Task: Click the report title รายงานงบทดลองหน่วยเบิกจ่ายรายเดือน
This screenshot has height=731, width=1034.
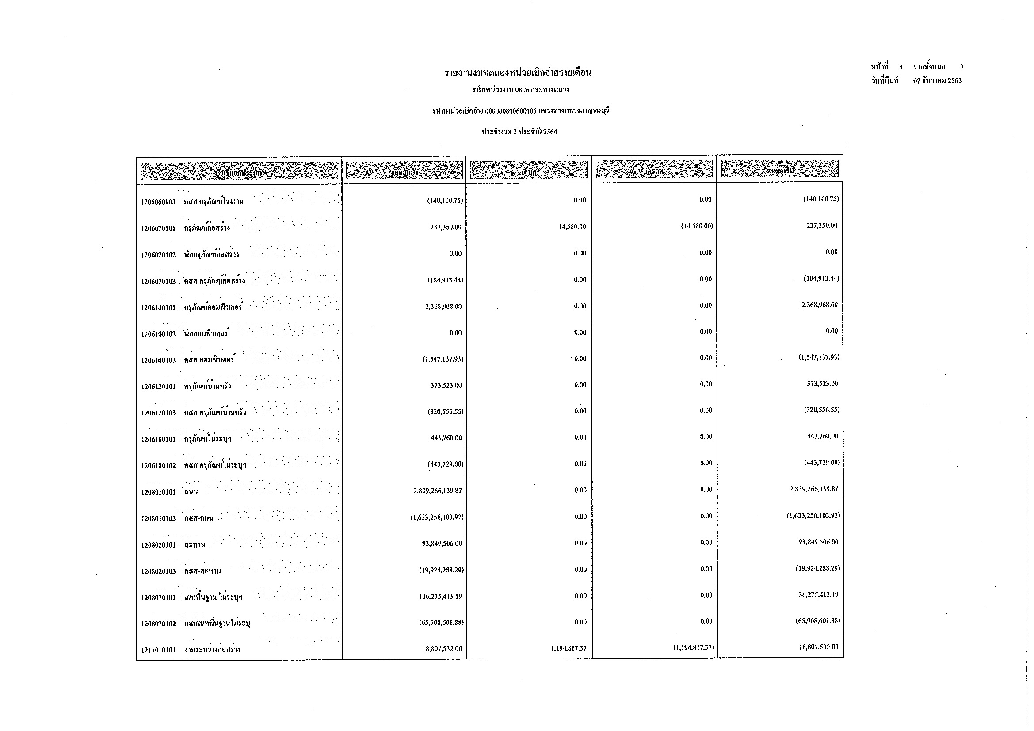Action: click(x=518, y=72)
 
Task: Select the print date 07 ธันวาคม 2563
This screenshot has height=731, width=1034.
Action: click(x=937, y=81)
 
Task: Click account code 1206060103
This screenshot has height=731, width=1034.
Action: click(x=158, y=202)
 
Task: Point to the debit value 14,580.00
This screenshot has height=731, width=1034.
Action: click(x=572, y=227)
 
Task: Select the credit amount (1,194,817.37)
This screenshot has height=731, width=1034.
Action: click(x=691, y=648)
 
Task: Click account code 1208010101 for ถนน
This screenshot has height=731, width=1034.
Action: click(x=158, y=492)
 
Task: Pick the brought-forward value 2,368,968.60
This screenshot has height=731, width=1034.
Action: click(x=443, y=307)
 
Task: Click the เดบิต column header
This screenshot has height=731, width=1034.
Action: click(x=529, y=171)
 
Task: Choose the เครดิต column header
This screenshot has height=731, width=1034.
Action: click(x=654, y=171)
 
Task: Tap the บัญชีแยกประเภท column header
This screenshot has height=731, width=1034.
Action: click(x=239, y=172)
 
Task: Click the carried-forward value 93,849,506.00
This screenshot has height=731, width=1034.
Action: click(x=818, y=542)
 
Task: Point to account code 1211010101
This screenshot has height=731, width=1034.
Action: click(x=158, y=650)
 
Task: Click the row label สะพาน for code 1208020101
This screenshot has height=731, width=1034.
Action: click(x=195, y=545)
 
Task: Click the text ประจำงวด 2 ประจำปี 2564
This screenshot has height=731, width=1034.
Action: click(x=519, y=132)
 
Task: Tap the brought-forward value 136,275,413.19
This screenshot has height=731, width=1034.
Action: click(x=440, y=596)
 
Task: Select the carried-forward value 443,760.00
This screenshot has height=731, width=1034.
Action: click(x=822, y=436)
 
